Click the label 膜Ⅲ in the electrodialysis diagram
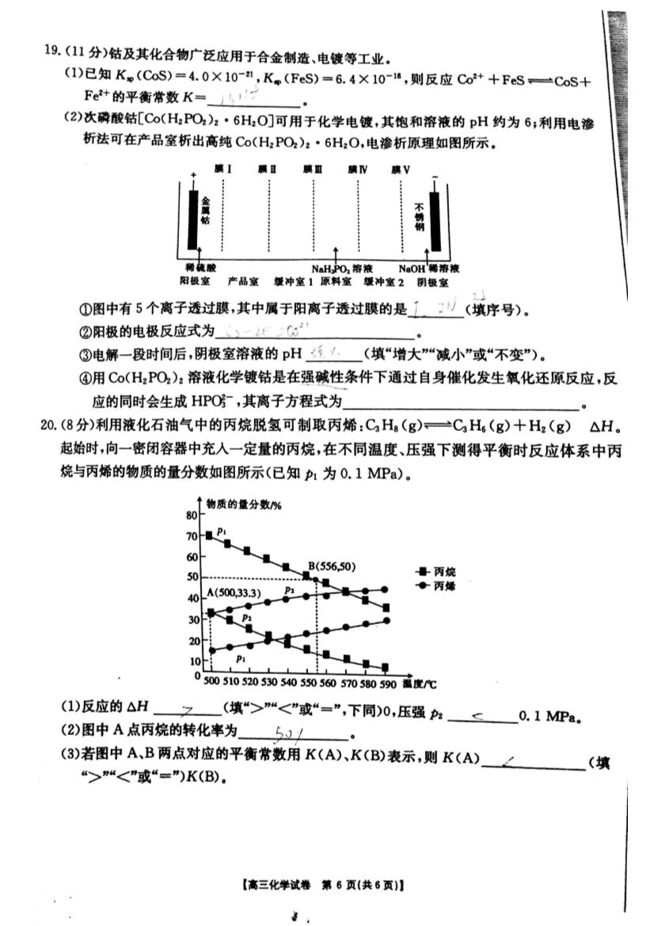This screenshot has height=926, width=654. [x=313, y=169]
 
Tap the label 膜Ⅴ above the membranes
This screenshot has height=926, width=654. [x=400, y=169]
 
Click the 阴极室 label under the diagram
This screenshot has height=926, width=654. [x=433, y=281]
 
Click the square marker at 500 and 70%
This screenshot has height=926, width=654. [x=209, y=536]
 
